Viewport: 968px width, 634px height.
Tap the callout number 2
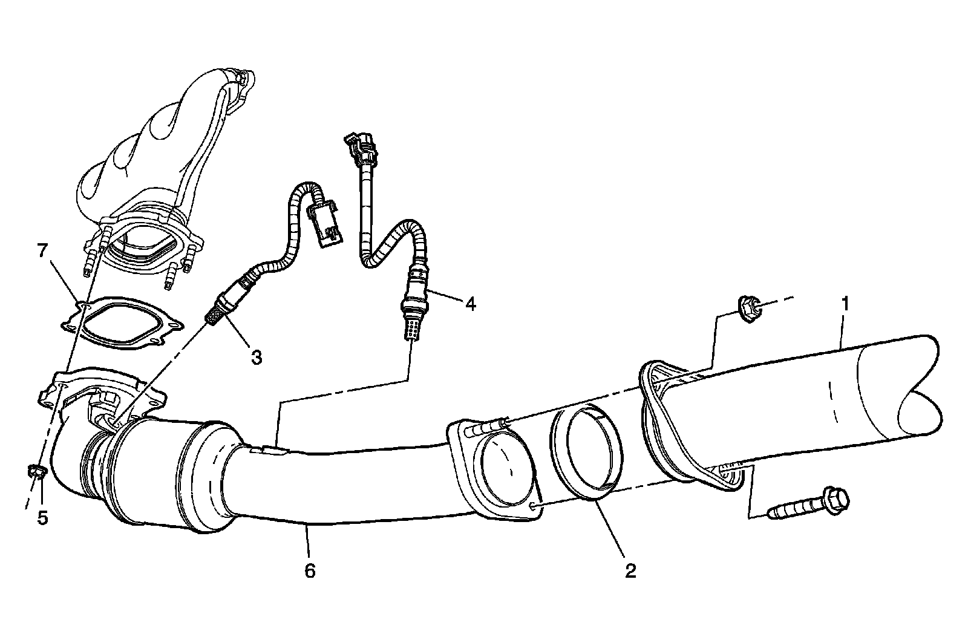[x=630, y=570]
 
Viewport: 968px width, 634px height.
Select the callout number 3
[x=257, y=357]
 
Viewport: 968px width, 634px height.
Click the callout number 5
[x=42, y=518]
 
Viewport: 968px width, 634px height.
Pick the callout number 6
[x=310, y=570]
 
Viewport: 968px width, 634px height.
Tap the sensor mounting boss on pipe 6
[x=266, y=450]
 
